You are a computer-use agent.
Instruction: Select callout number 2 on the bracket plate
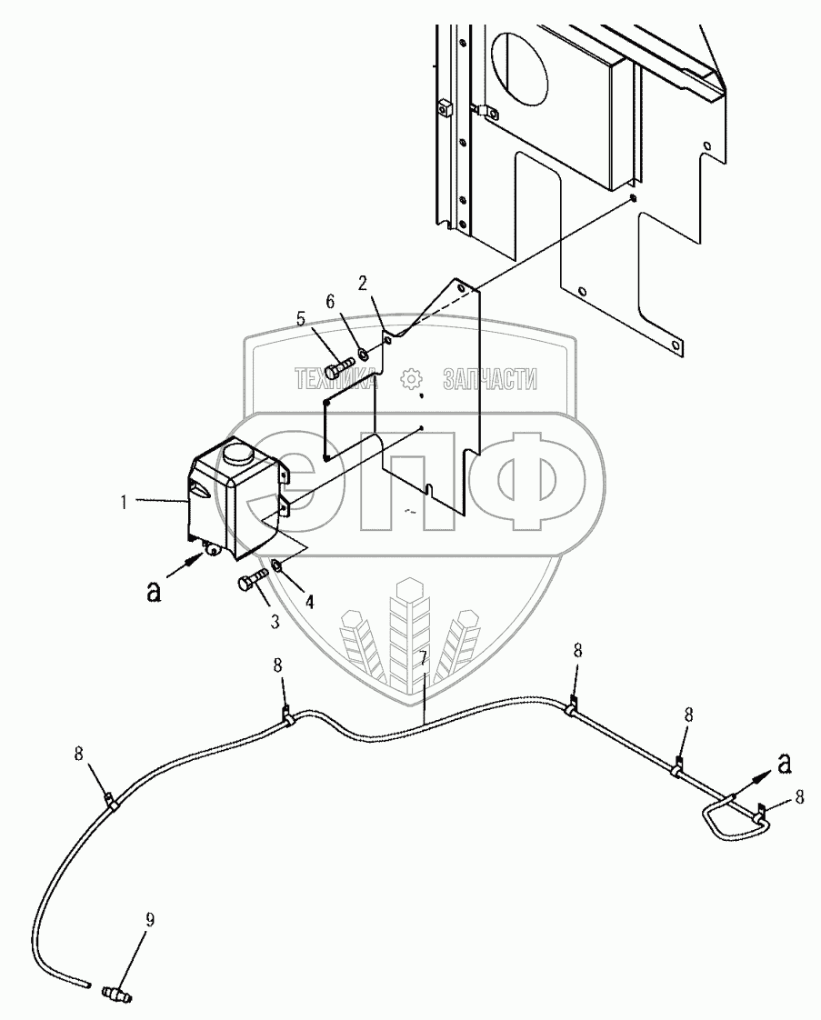point(363,282)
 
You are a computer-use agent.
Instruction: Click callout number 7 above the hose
point(423,656)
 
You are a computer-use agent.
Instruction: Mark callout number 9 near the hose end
point(150,919)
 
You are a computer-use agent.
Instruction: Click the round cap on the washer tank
point(240,451)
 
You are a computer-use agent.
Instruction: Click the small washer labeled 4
point(276,568)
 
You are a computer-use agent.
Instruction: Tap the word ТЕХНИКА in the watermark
point(335,380)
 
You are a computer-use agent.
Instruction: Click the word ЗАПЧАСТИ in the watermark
point(489,380)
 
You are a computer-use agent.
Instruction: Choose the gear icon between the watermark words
point(411,379)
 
